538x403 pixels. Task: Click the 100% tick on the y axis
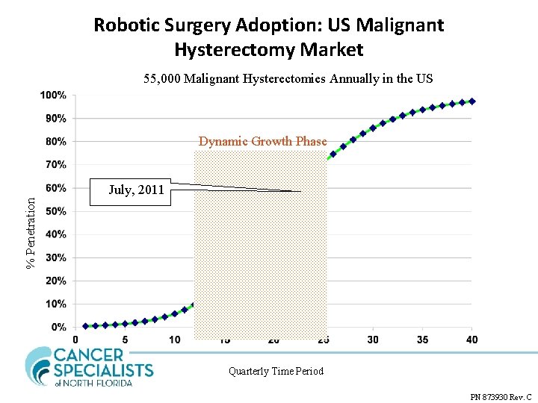(53, 96)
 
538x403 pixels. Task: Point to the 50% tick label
(55, 211)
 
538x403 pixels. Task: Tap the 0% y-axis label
(58, 328)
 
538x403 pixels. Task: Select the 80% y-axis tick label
(55, 142)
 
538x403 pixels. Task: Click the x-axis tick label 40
(471, 340)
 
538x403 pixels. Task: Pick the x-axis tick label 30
(372, 340)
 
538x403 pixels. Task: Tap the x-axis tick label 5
(125, 340)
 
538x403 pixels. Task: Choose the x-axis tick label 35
(422, 340)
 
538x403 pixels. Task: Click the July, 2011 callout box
(136, 190)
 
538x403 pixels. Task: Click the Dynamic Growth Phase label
(262, 141)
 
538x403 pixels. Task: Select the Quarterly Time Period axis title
(276, 371)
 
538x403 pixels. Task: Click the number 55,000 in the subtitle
(162, 79)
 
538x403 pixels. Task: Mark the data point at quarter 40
(472, 101)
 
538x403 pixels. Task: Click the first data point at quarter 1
(85, 325)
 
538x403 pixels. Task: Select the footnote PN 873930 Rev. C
(501, 397)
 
